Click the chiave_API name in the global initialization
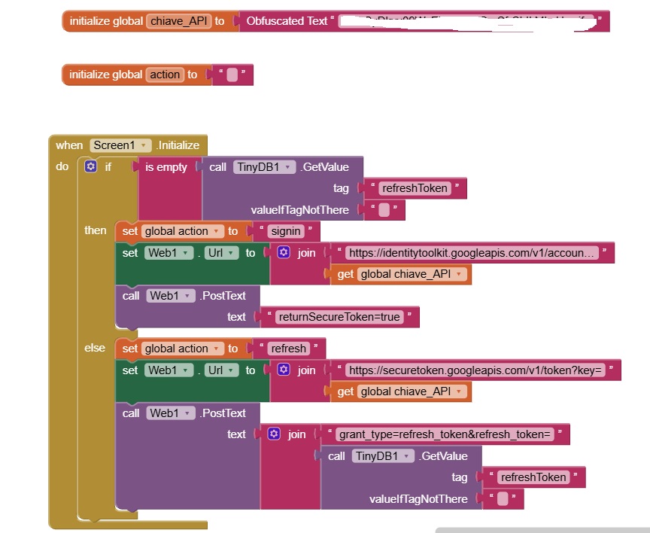coord(178,21)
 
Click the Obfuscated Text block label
coord(287,21)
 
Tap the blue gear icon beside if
coord(91,167)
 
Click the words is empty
coord(166,167)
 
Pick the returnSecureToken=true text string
coord(339,317)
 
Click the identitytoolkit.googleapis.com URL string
coord(472,253)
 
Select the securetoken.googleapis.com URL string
coord(475,370)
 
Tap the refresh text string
coord(287,349)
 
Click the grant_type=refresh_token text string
coord(445,434)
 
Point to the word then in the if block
coord(96,230)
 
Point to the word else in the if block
coord(95,348)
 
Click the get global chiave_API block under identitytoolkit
coord(401,274)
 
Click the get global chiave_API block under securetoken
coord(401,391)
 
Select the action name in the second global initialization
coord(165,75)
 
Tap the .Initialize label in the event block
coord(178,145)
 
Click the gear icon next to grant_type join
coord(275,434)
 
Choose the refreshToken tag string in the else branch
coord(533,477)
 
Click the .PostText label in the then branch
coord(223,296)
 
